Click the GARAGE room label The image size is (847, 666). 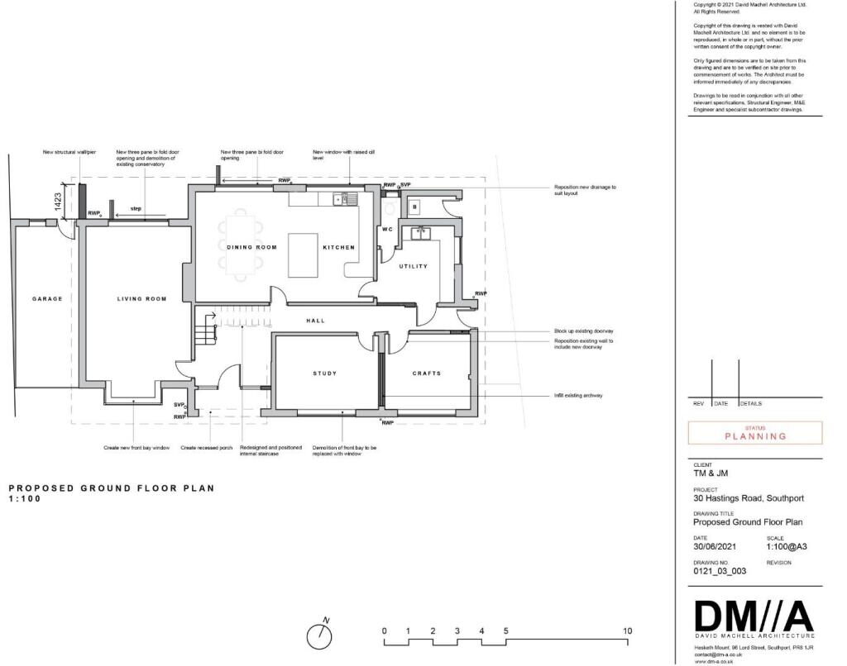tap(47, 298)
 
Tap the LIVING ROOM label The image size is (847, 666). tap(141, 298)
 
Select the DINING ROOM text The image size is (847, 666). tap(251, 247)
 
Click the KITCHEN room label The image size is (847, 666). tap(338, 247)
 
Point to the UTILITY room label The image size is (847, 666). tap(413, 266)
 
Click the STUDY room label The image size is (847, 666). tap(324, 373)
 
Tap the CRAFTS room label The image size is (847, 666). tap(427, 373)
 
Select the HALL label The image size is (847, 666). tap(315, 321)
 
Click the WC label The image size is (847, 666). tap(386, 229)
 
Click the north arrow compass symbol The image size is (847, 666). tap(319, 635)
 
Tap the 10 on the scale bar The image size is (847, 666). tap(627, 631)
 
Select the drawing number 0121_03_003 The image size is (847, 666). tap(720, 571)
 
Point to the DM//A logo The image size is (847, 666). tap(754, 616)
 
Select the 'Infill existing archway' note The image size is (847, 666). tap(578, 396)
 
